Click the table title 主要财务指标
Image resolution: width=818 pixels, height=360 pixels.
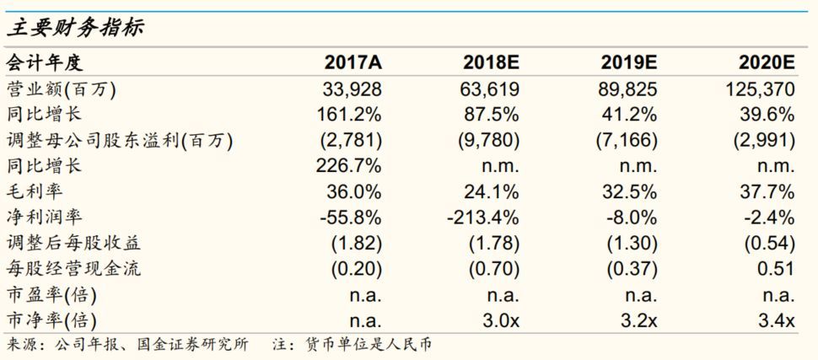click(x=75, y=28)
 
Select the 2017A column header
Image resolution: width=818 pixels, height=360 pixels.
click(x=354, y=62)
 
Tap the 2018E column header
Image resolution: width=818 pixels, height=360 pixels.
click(x=491, y=62)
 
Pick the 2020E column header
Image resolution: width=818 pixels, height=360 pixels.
click(x=767, y=62)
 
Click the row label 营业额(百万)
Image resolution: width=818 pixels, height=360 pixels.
click(x=62, y=89)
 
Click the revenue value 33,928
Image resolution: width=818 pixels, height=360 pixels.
click(x=354, y=89)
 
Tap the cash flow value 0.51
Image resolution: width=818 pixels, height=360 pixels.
click(x=777, y=270)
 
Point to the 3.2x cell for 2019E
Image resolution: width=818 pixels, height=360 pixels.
click(x=638, y=321)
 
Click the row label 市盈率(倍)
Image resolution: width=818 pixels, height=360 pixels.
click(x=51, y=296)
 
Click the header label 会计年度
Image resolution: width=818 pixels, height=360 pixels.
click(x=46, y=62)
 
